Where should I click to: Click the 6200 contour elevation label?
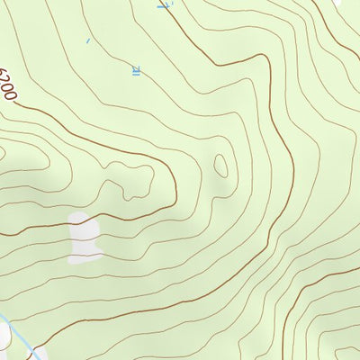pos(9,86)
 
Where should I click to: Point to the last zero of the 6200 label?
pos(13,97)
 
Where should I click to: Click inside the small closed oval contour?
pos(220,165)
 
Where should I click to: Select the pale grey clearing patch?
pos(85,238)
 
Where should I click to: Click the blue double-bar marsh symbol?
pos(137,68)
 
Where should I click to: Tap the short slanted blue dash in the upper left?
pos(87,40)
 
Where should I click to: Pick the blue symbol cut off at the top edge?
pos(163,4)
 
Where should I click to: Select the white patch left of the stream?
pos(4,334)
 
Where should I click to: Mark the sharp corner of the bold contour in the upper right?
pos(267,56)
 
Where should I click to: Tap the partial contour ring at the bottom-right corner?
pos(346,349)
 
